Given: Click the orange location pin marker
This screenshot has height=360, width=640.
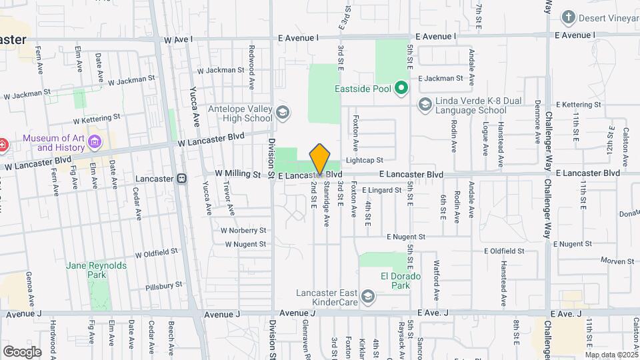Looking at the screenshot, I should [x=320, y=159].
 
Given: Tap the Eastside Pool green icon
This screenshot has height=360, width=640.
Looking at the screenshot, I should [x=401, y=87].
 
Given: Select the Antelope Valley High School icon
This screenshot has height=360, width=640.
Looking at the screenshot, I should [x=283, y=111].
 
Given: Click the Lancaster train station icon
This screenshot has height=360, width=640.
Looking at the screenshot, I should [x=181, y=179].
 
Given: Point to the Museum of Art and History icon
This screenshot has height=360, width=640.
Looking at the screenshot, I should [x=95, y=142].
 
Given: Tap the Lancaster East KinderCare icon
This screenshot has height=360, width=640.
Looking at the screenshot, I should [x=367, y=295].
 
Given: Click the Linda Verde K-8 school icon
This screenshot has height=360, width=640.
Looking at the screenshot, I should [x=425, y=104].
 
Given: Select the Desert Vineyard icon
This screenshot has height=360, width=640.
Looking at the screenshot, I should [x=568, y=17].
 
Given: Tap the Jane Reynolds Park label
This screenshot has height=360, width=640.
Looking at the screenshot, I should [x=96, y=270].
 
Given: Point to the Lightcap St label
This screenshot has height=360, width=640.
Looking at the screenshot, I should [x=365, y=160].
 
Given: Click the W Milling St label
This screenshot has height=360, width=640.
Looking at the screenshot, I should [x=237, y=174].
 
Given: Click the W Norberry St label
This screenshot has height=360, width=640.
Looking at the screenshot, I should [x=243, y=230].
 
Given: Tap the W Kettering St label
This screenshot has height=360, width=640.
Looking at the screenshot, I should [x=97, y=118].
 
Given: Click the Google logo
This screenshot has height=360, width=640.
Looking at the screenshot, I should [x=22, y=351].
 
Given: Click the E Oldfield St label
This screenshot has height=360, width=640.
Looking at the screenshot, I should [x=504, y=251].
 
